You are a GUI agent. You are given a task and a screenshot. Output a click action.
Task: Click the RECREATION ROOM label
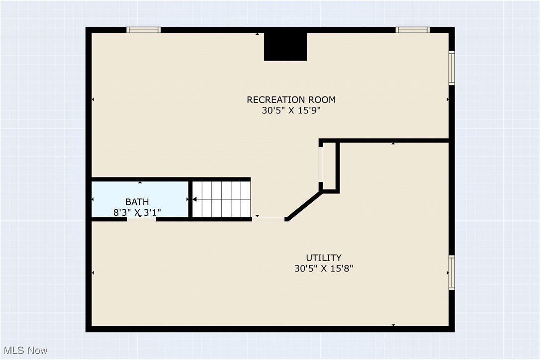(291, 99)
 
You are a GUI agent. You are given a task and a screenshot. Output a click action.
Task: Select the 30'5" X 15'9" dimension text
(291, 110)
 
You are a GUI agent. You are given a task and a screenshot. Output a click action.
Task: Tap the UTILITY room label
(324, 258)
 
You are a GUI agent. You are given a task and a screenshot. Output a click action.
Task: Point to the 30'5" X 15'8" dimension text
(324, 269)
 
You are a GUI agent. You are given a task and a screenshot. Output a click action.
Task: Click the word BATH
(137, 202)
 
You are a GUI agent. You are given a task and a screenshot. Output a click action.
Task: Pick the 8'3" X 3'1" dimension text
(137, 212)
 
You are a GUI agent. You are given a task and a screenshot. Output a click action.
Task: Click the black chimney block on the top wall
(285, 47)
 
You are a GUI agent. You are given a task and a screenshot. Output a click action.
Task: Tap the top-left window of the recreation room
(143, 30)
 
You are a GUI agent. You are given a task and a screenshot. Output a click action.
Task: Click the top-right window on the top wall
(412, 30)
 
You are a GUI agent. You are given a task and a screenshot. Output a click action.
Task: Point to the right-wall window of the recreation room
(451, 68)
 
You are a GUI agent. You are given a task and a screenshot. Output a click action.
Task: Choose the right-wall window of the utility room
(451, 273)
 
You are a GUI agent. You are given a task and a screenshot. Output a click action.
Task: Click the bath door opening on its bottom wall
(142, 219)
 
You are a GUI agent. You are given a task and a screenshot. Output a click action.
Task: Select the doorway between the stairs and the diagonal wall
(269, 219)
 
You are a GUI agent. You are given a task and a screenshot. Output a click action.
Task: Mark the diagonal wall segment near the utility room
(304, 206)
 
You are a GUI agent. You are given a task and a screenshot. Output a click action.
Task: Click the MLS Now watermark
(25, 351)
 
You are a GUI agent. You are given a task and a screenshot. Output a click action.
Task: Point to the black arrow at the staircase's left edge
(194, 199)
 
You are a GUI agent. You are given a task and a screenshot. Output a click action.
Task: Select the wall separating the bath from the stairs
(190, 199)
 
